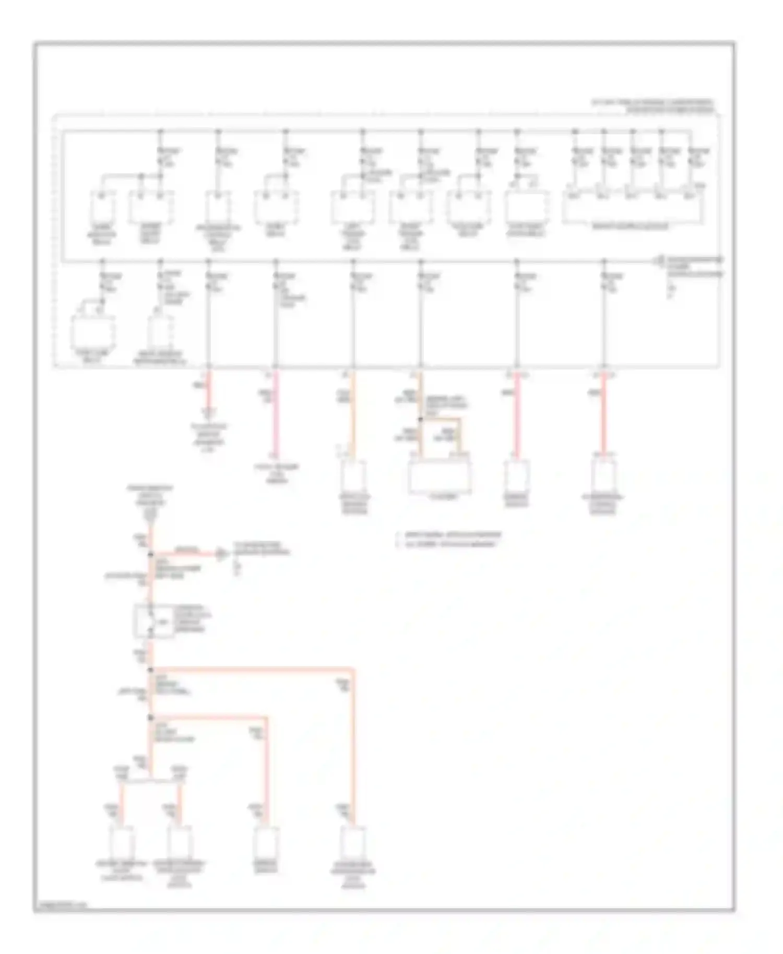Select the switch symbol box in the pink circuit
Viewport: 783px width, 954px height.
click(153, 621)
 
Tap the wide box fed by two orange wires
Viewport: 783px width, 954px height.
click(440, 477)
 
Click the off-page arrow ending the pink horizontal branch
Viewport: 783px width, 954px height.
click(221, 554)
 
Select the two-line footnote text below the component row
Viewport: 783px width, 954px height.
click(449, 539)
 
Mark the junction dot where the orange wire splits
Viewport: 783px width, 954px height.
click(421, 419)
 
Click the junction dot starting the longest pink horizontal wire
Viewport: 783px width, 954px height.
click(151, 670)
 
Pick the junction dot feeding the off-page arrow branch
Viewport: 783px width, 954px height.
click(151, 554)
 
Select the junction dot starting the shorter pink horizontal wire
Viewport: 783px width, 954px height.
click(151, 717)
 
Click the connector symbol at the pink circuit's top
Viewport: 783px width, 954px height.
click(150, 516)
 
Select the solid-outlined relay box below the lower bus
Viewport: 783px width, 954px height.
click(93, 331)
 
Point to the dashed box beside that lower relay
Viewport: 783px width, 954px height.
click(160, 330)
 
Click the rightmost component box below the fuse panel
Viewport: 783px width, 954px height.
click(603, 476)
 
